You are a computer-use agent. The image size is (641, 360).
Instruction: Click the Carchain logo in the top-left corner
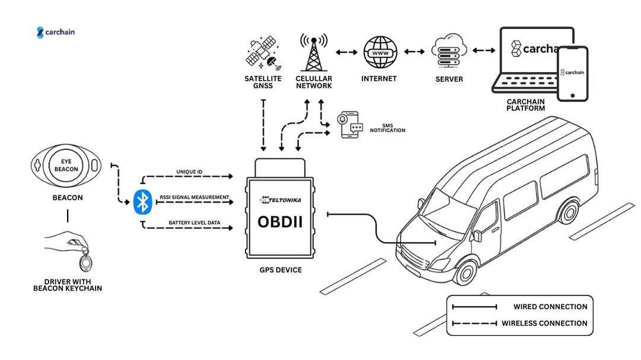(56, 32)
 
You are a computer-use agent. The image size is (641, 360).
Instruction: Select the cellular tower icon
(313, 53)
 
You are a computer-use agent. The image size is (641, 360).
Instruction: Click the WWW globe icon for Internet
(379, 53)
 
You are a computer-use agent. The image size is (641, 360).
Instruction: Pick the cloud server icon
(448, 53)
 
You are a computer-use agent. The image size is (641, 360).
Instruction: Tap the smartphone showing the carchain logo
(572, 73)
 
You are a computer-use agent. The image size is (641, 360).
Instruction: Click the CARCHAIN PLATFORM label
(525, 105)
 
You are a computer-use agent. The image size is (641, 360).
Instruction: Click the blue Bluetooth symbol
(141, 202)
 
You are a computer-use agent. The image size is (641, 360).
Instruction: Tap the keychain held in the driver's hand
(87, 261)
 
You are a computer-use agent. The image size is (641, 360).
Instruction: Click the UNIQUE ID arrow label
(189, 172)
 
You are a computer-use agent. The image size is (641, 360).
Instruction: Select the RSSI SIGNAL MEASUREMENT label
(194, 197)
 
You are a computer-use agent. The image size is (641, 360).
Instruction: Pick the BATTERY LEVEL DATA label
(194, 222)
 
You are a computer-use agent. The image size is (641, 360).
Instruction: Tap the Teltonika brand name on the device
(286, 200)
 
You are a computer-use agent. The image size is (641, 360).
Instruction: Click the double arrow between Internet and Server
(414, 52)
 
